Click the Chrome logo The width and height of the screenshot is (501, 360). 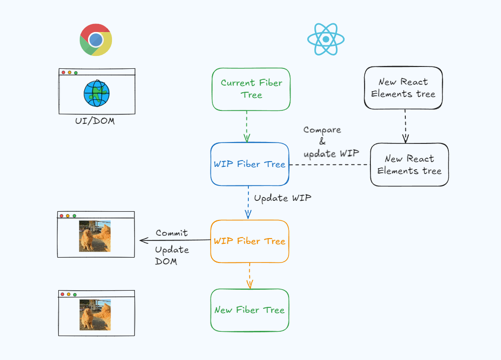96,40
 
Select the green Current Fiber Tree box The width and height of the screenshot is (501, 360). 251,89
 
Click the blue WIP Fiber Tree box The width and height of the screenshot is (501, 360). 249,164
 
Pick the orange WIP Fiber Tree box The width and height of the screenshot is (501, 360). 249,241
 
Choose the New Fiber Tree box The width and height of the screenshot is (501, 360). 249,310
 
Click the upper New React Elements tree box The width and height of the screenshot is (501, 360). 403,87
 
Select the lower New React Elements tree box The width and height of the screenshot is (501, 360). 409,164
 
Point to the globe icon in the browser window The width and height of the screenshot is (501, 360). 97,93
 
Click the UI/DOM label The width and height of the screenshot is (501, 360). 95,121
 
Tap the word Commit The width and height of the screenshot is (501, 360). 171,233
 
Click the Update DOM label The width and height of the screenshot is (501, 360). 172,255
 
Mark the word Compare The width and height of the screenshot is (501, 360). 322,130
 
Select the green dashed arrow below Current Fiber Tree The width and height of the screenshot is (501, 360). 246,126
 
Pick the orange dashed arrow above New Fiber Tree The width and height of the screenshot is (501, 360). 249,276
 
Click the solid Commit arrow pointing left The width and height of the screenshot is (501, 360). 175,240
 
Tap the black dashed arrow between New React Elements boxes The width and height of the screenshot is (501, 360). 405,126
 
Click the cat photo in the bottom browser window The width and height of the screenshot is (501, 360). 95,315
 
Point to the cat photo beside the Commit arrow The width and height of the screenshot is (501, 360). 95,236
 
